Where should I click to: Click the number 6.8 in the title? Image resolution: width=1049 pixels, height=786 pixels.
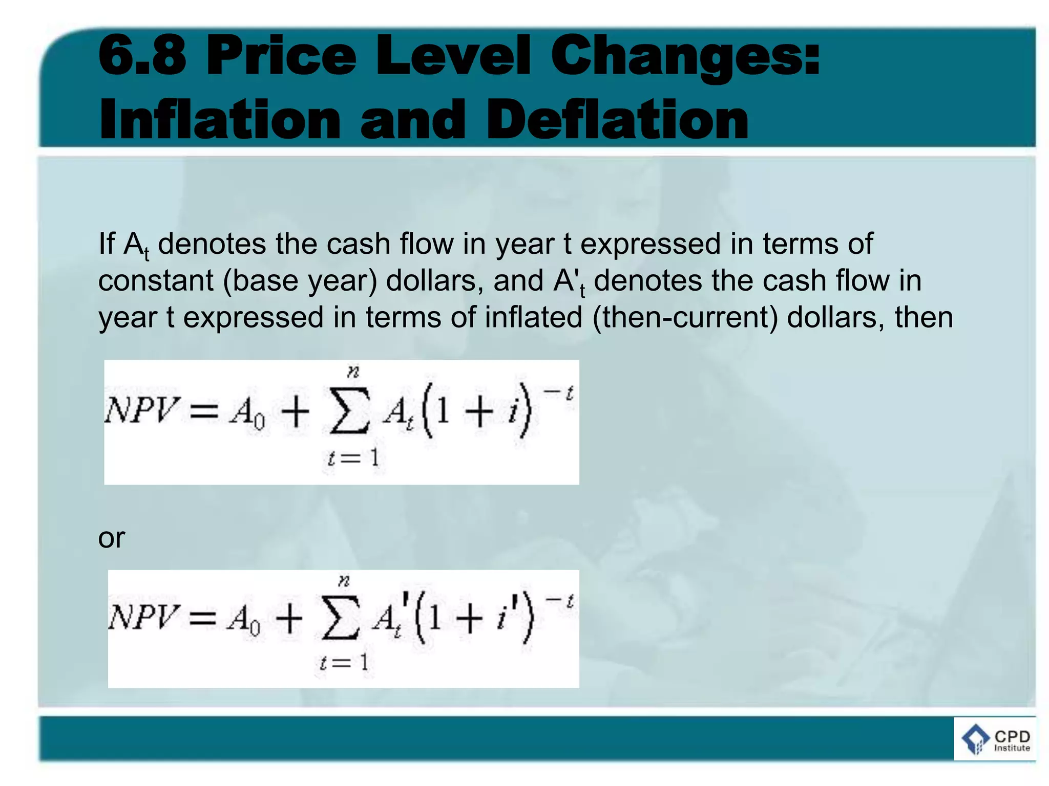coord(142,55)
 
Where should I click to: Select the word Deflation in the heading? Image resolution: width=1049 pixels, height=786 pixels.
coord(618,120)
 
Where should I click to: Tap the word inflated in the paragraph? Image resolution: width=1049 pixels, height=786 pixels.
coord(533,317)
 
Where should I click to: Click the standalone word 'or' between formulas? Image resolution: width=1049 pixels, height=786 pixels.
coord(111,538)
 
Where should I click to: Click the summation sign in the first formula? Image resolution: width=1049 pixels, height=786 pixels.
coord(349,414)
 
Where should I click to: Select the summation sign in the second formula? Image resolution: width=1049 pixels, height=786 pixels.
coord(339,621)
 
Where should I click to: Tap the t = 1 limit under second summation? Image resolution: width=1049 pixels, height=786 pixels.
coord(343,663)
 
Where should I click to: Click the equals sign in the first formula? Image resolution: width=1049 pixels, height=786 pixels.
coord(204,412)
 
